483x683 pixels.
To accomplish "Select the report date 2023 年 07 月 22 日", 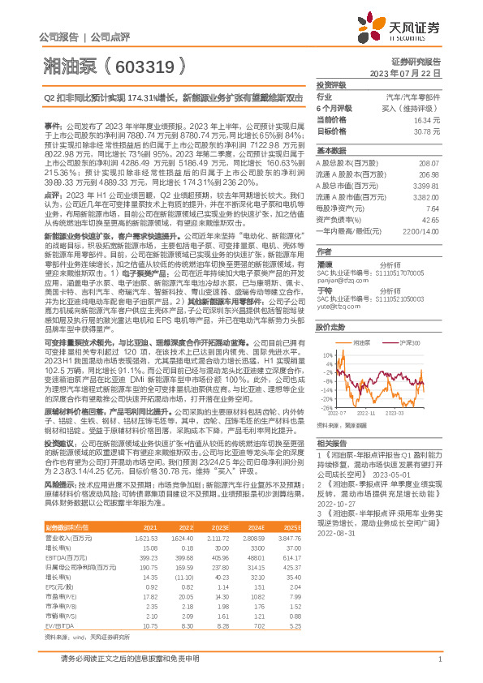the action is coord(412,73).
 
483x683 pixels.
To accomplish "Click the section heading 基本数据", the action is coord(330,151).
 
